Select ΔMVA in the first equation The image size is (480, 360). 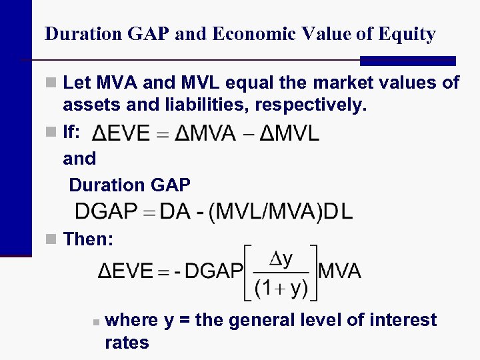[x=205, y=133]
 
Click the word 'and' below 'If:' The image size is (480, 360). [x=79, y=159]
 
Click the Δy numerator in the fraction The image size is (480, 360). [x=281, y=259]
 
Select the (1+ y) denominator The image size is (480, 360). [x=281, y=288]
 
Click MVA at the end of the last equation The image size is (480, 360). [x=340, y=271]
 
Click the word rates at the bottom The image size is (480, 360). [x=127, y=343]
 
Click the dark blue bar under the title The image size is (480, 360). [x=407, y=61]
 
